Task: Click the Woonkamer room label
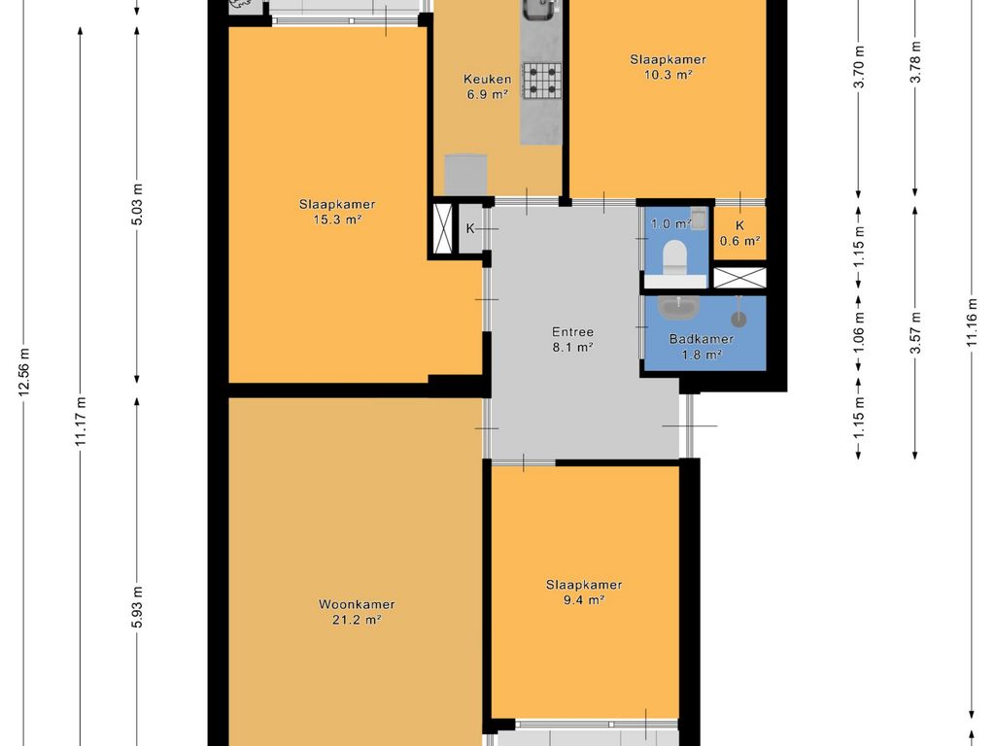coord(357,612)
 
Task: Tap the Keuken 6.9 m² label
coord(488,86)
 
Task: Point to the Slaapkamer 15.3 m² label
coord(337,212)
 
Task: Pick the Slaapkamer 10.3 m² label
coord(668,67)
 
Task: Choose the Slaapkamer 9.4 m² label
coord(584,592)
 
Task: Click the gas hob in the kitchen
coord(542,81)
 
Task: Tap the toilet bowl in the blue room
coord(674,256)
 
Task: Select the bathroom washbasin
coord(678,307)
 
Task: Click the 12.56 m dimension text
coord(24,372)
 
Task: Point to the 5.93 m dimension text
coord(137,608)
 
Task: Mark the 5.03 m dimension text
coord(137,204)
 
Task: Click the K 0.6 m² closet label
coord(739,233)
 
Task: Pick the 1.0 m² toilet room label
coord(670,223)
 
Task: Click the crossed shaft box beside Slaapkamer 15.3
coord(442,228)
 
